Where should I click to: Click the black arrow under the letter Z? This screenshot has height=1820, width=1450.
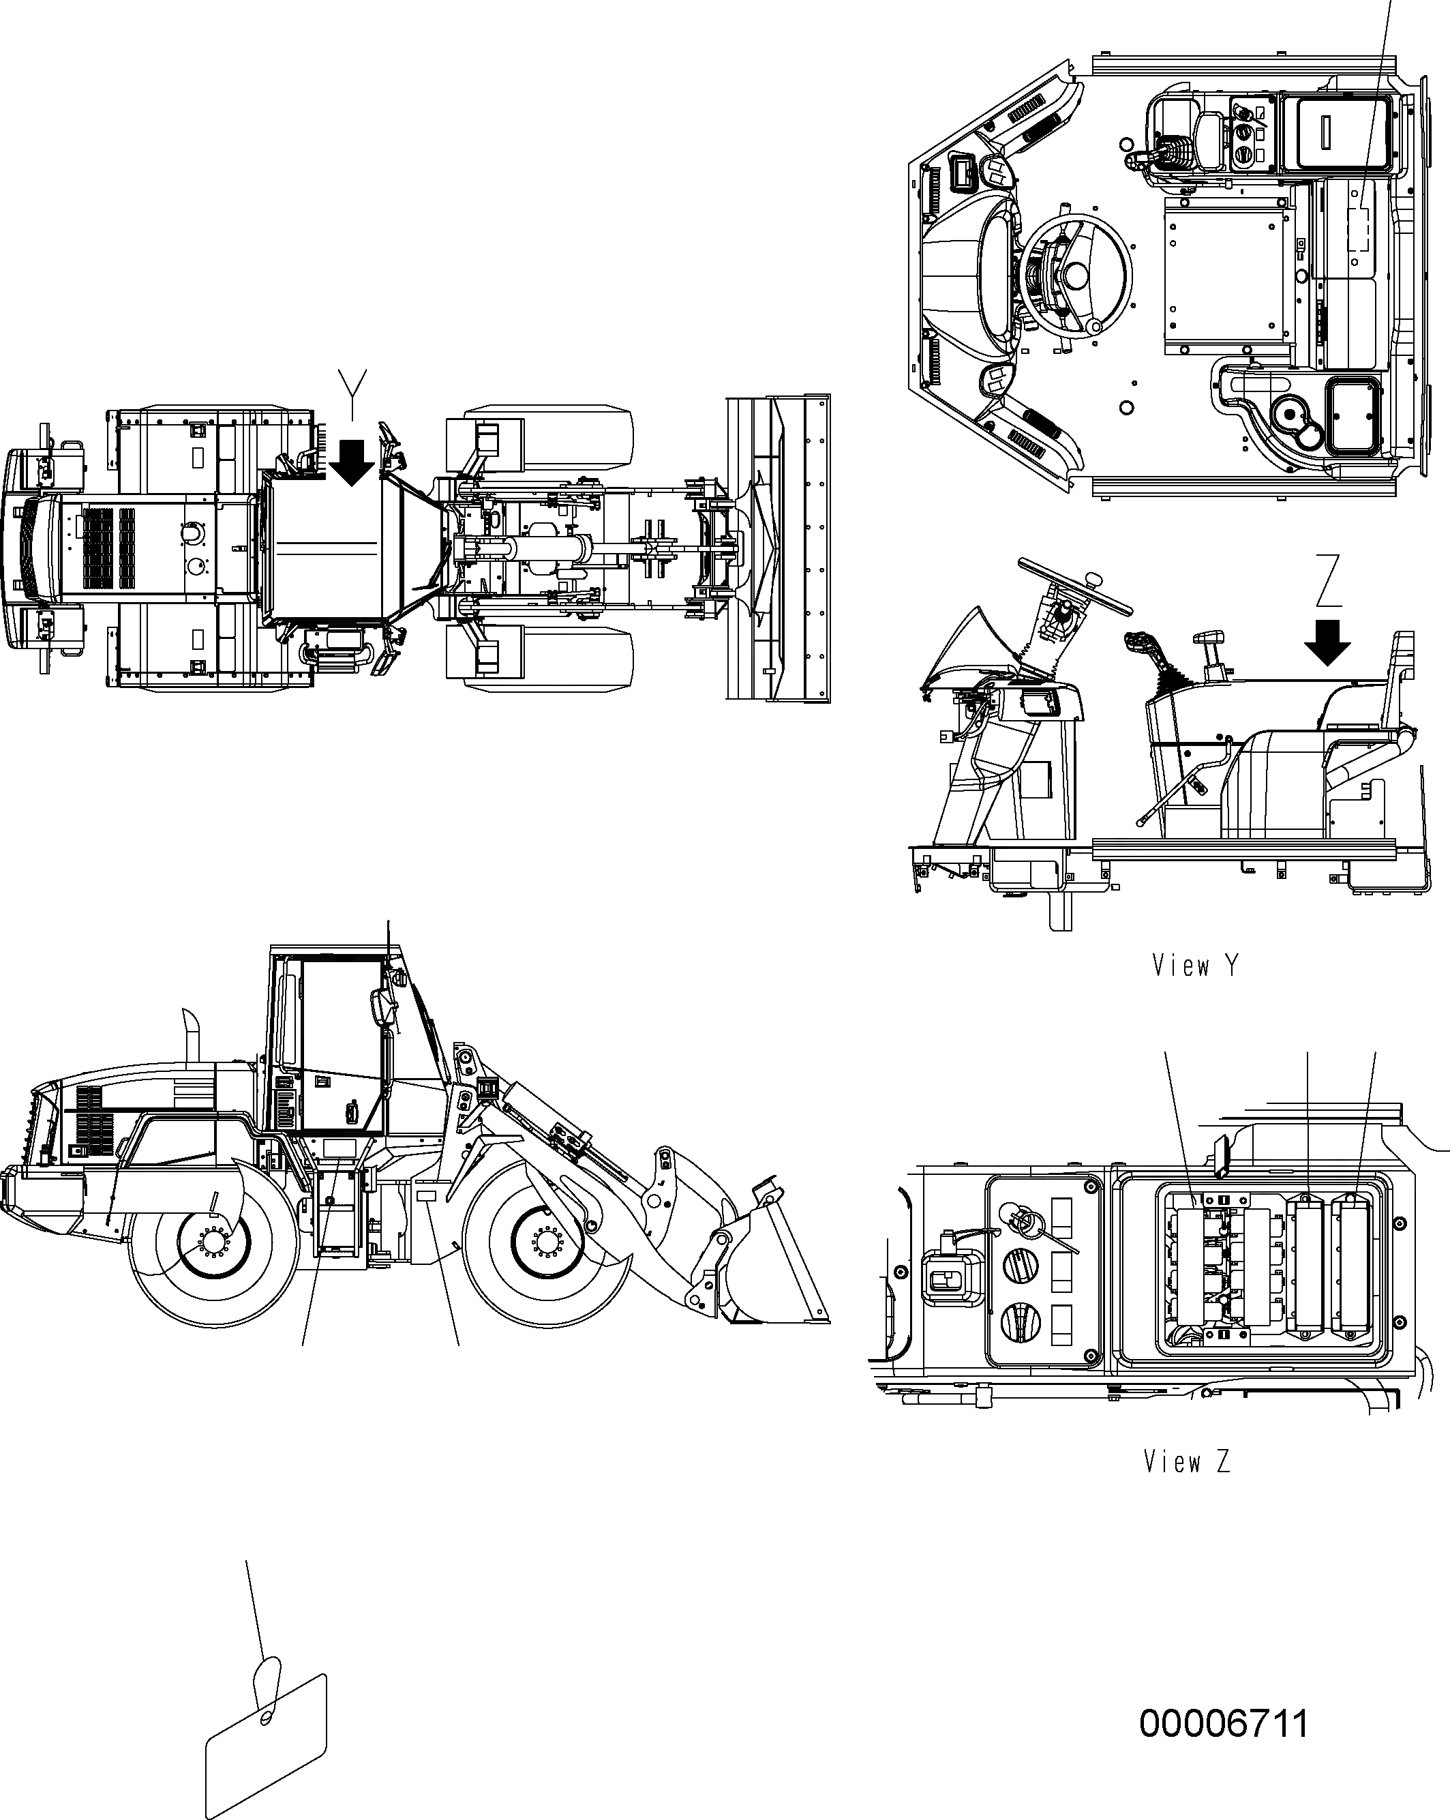pyautogui.click(x=1327, y=642)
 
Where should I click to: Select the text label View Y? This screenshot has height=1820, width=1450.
pyautogui.click(x=1195, y=966)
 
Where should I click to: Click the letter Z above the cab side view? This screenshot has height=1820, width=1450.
pyautogui.click(x=1329, y=581)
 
